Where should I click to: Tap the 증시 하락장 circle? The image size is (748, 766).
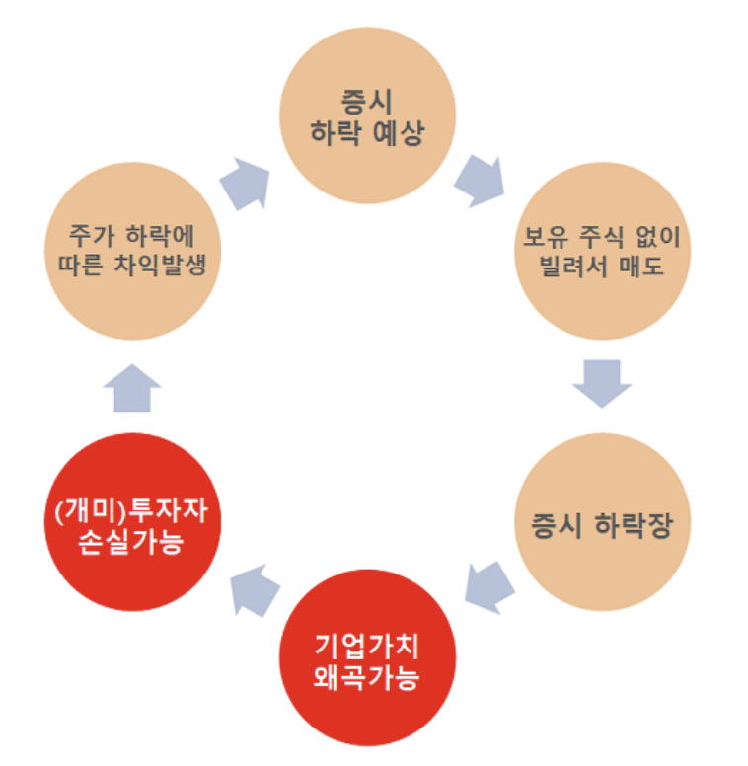click(603, 523)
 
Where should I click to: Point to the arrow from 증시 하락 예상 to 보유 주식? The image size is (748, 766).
click(480, 180)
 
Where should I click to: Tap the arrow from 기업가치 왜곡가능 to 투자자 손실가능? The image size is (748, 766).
click(254, 587)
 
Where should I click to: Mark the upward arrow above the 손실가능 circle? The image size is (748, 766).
click(131, 388)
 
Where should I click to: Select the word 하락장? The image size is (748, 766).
click(633, 524)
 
